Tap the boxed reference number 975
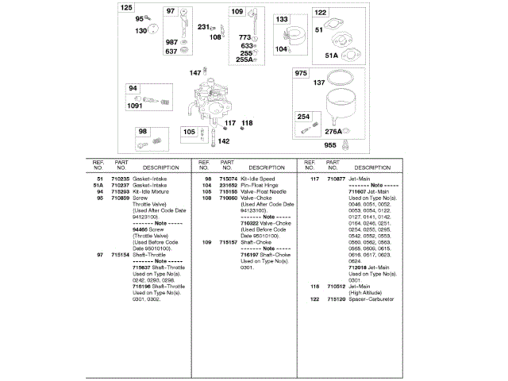click(x=301, y=74)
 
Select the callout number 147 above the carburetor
click(x=194, y=73)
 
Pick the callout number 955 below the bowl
click(x=329, y=145)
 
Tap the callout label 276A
click(x=333, y=132)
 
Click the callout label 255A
click(x=244, y=60)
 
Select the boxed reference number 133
click(x=282, y=19)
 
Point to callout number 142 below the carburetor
click(x=224, y=141)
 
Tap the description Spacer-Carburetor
click(x=371, y=299)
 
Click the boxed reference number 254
click(x=303, y=117)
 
